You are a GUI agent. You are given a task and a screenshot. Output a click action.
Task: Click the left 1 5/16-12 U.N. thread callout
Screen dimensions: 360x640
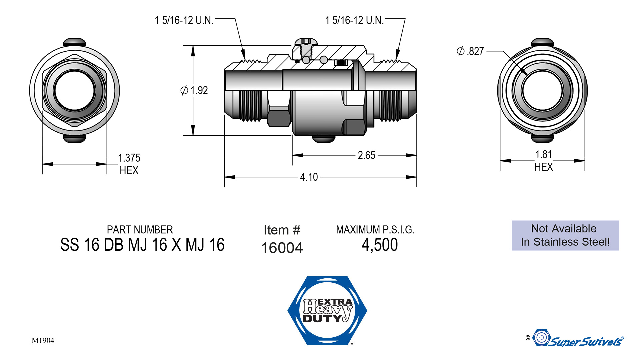click(184, 20)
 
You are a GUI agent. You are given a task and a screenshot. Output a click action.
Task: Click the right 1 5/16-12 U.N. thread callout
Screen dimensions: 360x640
click(354, 20)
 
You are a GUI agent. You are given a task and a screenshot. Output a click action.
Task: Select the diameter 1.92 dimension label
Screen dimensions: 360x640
click(194, 90)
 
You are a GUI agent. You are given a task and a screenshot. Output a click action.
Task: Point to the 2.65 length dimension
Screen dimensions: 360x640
click(366, 155)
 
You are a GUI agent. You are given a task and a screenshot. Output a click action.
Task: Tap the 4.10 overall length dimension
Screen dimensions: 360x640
click(309, 177)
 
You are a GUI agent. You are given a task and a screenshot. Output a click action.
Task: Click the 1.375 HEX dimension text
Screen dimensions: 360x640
click(129, 164)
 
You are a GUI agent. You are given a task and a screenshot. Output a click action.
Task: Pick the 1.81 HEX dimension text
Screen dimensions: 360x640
click(544, 160)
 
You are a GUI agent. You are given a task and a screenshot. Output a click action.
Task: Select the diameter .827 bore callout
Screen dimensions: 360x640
click(470, 51)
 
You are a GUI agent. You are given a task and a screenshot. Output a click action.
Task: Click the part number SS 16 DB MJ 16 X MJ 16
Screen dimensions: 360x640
click(142, 245)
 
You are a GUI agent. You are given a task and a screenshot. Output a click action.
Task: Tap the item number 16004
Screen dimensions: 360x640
click(282, 248)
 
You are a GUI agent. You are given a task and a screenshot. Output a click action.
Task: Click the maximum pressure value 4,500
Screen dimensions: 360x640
click(380, 245)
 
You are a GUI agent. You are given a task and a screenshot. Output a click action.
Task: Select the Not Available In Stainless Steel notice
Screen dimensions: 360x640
click(565, 235)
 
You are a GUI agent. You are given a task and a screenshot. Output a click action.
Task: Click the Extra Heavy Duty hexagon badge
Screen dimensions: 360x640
click(327, 310)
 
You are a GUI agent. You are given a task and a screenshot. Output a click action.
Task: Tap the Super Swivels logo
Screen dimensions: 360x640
click(578, 339)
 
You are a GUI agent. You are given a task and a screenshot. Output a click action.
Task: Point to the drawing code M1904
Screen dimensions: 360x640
click(43, 340)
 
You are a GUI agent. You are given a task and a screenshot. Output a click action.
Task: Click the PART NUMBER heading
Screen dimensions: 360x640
click(140, 230)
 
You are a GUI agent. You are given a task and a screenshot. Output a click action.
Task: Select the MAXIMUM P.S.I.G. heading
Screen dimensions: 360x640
click(375, 230)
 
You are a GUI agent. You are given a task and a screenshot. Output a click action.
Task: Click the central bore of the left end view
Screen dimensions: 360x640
click(75, 90)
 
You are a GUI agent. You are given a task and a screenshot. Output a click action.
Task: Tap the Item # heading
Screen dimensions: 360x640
click(282, 230)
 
